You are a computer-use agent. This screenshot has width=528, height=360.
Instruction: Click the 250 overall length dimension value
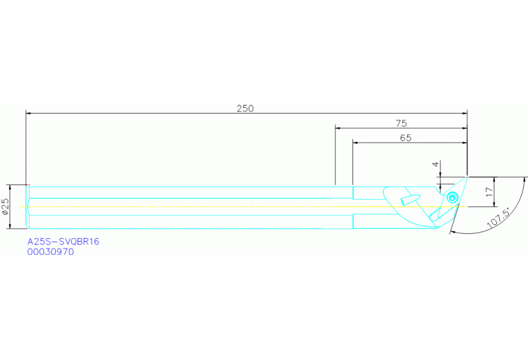pos(245,108)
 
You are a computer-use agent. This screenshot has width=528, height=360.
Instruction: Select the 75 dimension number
pos(401,123)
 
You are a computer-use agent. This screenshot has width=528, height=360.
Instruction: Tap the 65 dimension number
pos(405,138)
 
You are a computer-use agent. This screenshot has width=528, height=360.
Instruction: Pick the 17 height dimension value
pos(489,192)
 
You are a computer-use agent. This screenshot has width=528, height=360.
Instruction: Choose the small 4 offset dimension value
pos(435,165)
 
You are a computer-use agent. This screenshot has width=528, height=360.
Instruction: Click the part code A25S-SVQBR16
pos(63,242)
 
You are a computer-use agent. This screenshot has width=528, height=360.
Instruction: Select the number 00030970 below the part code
pos(50,252)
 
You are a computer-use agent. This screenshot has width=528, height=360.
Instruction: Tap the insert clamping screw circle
pos(452,198)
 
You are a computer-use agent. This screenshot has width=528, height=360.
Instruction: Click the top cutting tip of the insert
pos(466,178)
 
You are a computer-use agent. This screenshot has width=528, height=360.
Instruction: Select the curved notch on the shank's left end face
pos(28,207)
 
